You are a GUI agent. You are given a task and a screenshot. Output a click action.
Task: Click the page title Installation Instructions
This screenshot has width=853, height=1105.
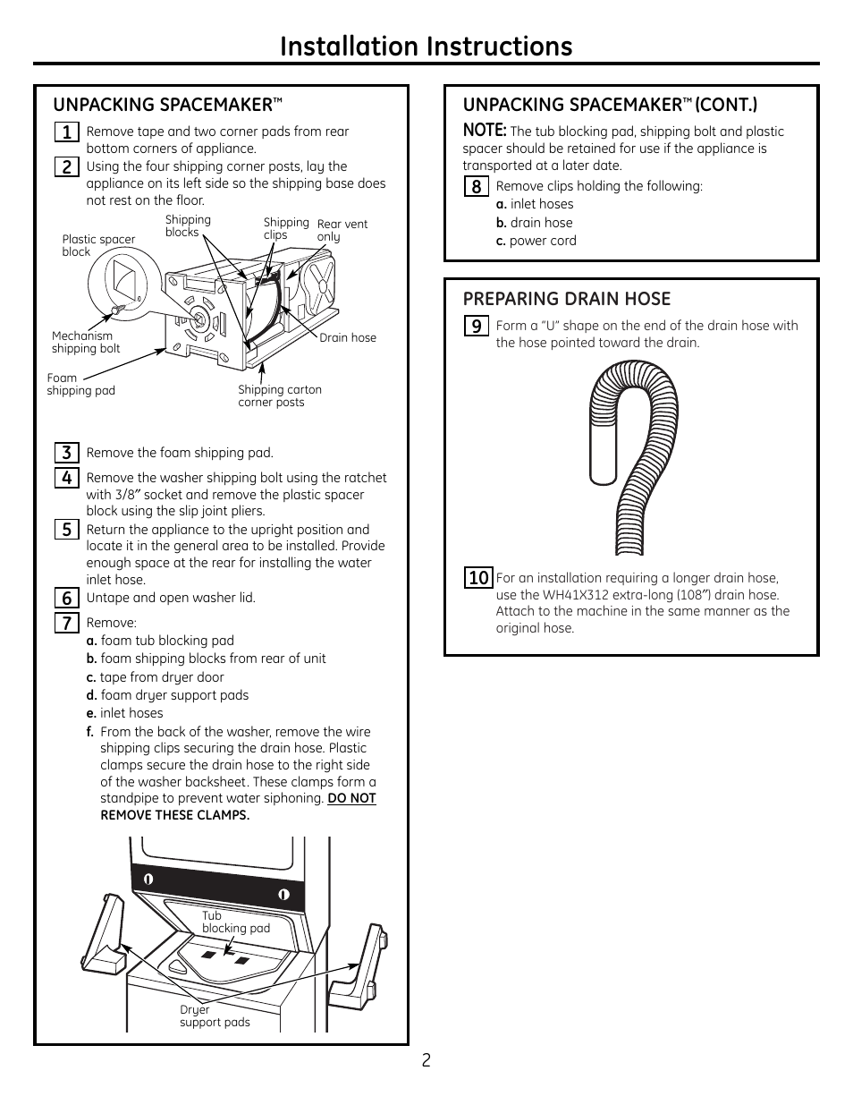(x=426, y=47)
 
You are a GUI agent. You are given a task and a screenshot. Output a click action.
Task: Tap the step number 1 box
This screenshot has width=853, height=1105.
(x=65, y=132)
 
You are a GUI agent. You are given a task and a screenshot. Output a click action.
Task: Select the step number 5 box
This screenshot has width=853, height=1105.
(x=66, y=530)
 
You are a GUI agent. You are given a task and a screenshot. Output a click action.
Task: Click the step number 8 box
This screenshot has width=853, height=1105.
(x=476, y=186)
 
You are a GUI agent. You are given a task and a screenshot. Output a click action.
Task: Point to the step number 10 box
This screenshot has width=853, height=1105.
(x=477, y=578)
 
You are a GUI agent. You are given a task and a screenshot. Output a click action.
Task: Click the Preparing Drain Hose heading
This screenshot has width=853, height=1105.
(x=566, y=299)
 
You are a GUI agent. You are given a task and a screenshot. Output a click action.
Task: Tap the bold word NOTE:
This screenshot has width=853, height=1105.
(x=484, y=131)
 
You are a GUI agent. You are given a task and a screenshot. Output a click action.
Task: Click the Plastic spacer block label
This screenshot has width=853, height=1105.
(x=98, y=245)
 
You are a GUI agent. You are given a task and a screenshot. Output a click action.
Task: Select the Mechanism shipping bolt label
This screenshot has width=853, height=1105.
(x=85, y=343)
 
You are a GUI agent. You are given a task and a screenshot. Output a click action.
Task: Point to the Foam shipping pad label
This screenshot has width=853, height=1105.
(x=80, y=384)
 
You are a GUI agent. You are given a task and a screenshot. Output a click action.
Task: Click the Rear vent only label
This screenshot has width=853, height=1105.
(x=342, y=231)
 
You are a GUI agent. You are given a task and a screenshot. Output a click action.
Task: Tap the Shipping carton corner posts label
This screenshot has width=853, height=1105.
(x=279, y=395)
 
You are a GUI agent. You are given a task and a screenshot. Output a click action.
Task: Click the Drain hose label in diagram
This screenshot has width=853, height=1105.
(x=348, y=337)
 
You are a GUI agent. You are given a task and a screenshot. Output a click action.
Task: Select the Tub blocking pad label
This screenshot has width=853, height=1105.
(x=235, y=922)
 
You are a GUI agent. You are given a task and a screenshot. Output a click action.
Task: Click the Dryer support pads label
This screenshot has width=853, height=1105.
(x=215, y=1016)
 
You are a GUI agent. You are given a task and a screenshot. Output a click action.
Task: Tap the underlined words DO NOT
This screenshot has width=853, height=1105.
(x=351, y=798)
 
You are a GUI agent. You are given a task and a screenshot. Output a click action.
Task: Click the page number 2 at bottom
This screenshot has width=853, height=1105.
(x=426, y=1060)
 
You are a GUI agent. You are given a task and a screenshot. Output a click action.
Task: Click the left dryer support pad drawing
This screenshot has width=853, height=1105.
(x=103, y=935)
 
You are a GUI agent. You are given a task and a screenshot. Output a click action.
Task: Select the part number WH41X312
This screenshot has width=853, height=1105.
(x=579, y=595)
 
